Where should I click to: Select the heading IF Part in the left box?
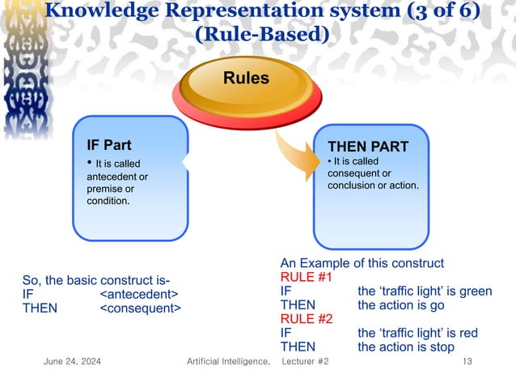pyautogui.click(x=108, y=146)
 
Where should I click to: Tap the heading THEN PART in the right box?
pyautogui.click(x=367, y=147)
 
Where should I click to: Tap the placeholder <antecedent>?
pyautogui.click(x=139, y=295)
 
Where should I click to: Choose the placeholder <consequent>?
pyautogui.click(x=141, y=308)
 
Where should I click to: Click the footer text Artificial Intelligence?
pyautogui.click(x=227, y=361)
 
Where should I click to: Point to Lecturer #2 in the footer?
pyautogui.click(x=304, y=361)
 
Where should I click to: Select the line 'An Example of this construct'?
pyautogui.click(x=362, y=263)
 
